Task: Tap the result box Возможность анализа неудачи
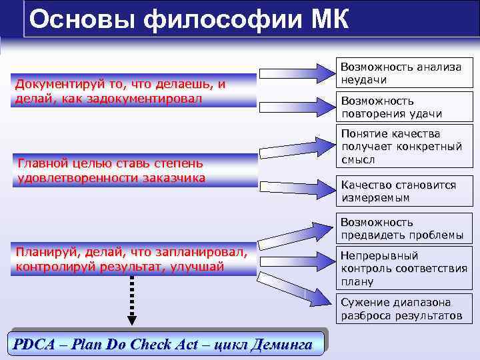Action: [403, 73]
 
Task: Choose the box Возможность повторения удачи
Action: [403, 107]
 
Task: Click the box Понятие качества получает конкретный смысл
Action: [403, 147]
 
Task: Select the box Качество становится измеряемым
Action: [403, 191]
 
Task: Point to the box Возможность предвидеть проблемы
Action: [403, 229]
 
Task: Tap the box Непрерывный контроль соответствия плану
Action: [403, 268]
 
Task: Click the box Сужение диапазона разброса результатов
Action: [403, 308]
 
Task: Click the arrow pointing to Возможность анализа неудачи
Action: [296, 73]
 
